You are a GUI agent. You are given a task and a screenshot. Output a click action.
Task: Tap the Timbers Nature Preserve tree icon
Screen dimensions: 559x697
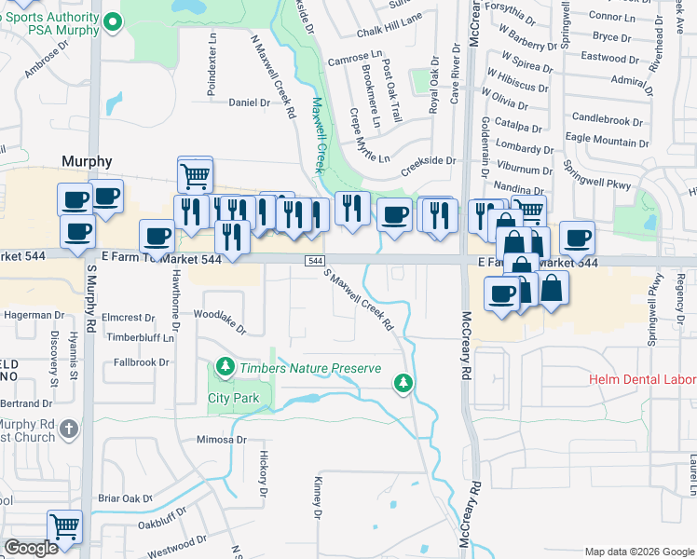point(225,368)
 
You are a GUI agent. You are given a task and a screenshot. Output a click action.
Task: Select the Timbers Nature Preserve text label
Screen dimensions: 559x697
point(310,368)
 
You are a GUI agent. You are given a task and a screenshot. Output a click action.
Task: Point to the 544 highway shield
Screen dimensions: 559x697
point(315,262)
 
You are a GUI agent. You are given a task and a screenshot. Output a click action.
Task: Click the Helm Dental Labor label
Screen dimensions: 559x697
point(642,379)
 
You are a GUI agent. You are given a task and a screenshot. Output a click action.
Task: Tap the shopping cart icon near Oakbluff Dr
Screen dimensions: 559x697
point(64,527)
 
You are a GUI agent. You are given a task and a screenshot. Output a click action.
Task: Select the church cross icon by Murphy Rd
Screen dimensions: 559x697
point(67,429)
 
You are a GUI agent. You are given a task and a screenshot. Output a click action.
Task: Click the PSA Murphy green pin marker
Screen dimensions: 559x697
point(112,20)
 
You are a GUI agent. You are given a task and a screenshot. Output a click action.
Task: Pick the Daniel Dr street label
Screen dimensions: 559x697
point(249,102)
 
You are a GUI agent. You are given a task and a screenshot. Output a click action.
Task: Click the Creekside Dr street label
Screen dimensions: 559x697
point(428,166)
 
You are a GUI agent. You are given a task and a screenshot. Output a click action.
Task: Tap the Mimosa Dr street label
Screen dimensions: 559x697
point(221,440)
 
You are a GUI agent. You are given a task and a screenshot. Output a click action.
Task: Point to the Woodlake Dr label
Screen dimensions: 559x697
point(222,322)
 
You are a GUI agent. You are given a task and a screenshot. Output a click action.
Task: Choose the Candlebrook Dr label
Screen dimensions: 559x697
point(608,120)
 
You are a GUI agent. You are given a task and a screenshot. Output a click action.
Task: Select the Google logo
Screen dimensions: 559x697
point(31,548)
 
